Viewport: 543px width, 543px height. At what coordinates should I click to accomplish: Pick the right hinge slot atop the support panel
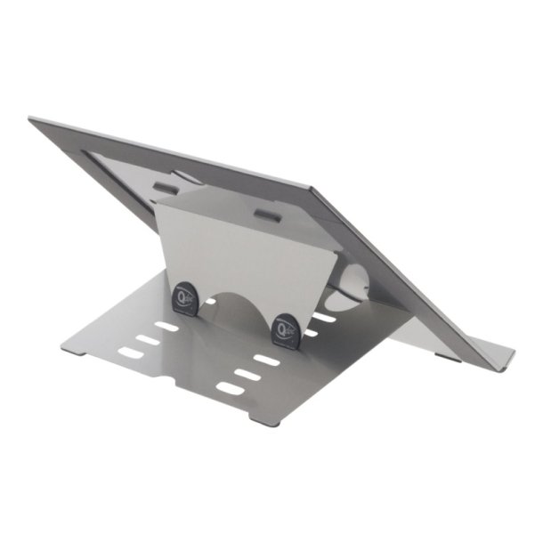click(x=265, y=215)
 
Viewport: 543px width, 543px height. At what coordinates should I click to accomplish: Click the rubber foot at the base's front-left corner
click(x=73, y=349)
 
